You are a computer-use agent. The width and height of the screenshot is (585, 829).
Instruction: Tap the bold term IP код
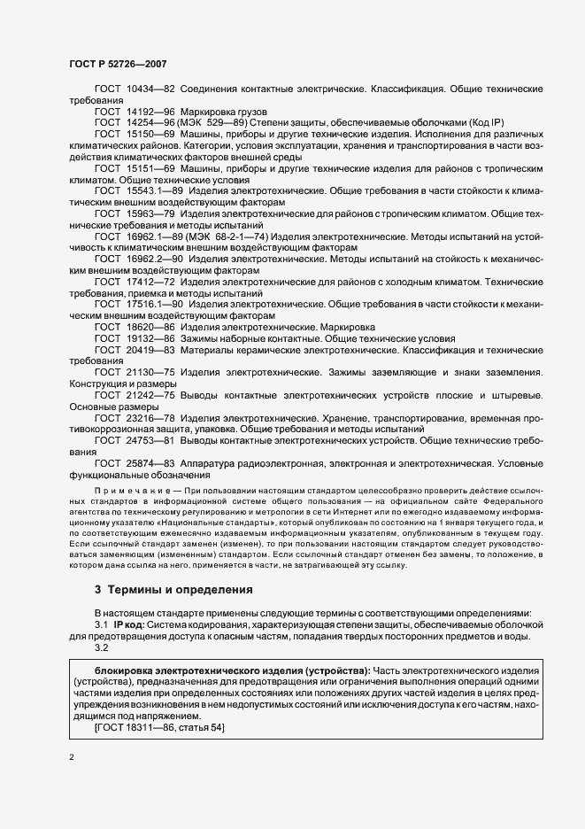[x=129, y=624]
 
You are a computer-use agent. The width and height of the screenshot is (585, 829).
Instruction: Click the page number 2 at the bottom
[x=71, y=758]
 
